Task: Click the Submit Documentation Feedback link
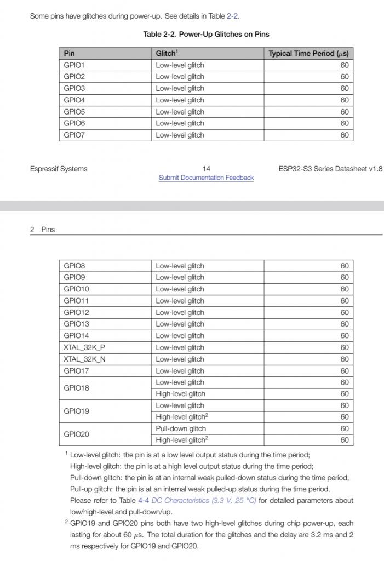point(206,178)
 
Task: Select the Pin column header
point(70,53)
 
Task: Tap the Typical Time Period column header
point(308,53)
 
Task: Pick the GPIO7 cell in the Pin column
point(74,135)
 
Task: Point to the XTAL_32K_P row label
point(84,347)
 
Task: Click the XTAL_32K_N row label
point(84,359)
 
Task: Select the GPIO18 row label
point(76,388)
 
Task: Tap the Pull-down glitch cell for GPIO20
point(181,428)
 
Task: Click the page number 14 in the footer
point(206,169)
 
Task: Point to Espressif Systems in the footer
point(59,169)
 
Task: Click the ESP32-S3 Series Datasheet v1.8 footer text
point(330,169)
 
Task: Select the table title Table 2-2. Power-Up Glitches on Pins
point(206,34)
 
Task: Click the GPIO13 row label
point(76,324)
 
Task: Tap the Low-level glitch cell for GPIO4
point(180,100)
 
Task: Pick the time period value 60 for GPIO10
point(345,289)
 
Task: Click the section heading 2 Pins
point(43,230)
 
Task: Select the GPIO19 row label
point(76,411)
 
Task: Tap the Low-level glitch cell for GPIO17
point(180,371)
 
